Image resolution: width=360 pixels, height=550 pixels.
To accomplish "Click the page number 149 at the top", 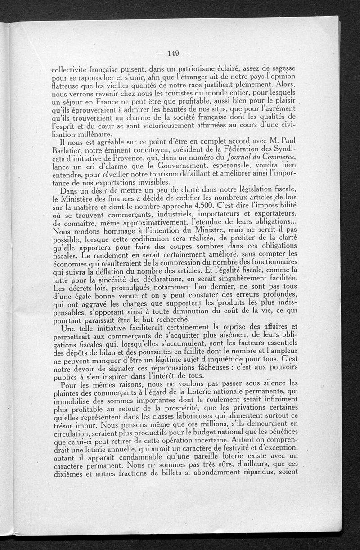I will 173,54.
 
